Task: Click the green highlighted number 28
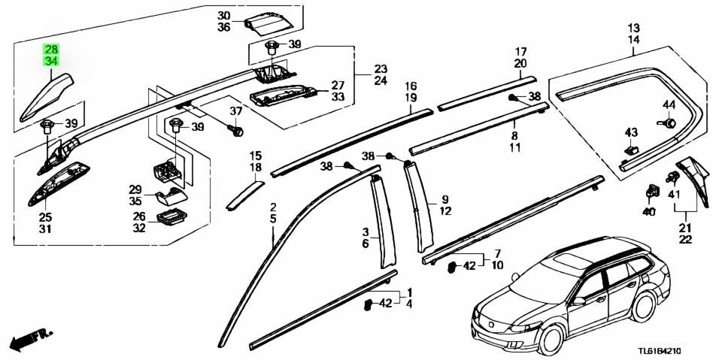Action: [52, 49]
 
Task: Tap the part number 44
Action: [669, 104]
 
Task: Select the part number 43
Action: [631, 133]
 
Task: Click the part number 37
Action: [235, 111]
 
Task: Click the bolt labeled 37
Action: [236, 132]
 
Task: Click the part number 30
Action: [224, 16]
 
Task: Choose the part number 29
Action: [135, 189]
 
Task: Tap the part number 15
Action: [256, 156]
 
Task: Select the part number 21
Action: [685, 228]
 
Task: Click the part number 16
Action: [411, 86]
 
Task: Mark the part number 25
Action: [45, 217]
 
